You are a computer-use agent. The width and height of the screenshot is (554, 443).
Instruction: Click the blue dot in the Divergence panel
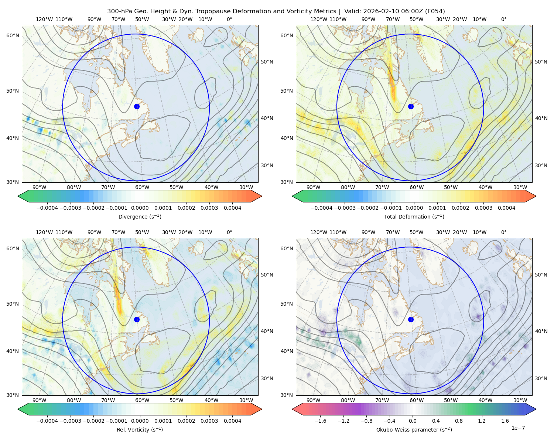pos(137,107)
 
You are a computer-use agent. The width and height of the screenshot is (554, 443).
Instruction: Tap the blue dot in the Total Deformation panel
pos(411,107)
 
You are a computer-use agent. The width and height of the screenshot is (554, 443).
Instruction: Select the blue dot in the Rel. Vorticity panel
pos(137,319)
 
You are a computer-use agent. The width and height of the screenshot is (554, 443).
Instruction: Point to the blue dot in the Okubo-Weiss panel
pos(411,319)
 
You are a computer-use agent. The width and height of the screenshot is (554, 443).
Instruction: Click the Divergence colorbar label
pos(140,217)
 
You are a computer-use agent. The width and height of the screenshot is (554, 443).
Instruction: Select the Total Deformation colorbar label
pos(414,217)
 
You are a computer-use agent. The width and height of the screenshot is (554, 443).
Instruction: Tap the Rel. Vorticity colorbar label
pos(140,430)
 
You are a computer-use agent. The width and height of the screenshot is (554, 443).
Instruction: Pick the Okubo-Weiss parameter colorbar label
pos(414,430)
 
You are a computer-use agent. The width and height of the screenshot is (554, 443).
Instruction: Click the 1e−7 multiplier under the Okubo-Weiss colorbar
pos(518,428)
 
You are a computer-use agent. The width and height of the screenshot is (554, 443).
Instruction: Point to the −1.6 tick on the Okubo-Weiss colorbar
pos(320,421)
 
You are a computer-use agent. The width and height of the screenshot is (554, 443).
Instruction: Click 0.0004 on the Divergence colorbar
pos(232,208)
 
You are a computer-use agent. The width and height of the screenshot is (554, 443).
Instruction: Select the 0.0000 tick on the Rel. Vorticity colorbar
pos(140,421)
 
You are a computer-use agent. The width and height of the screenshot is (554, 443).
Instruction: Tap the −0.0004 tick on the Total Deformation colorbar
pos(322,208)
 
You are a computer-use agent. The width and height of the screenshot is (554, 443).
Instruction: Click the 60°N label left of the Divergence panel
pos(13,35)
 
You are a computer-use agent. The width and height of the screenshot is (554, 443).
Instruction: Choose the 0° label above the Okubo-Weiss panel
pos(503,232)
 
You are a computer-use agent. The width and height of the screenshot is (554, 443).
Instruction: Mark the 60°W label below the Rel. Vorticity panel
pos(142,400)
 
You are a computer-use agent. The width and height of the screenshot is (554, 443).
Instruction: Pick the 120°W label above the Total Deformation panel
pos(318,19)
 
